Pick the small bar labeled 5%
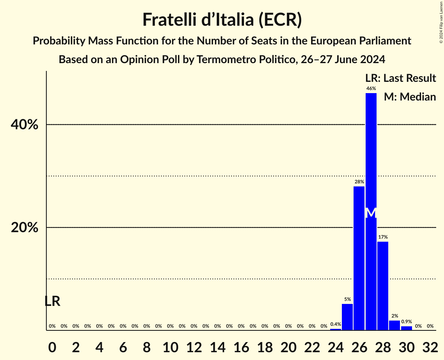(x=347, y=317)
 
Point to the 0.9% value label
(x=406, y=322)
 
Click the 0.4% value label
(x=336, y=324)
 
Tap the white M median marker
(x=371, y=213)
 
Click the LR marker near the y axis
(x=52, y=301)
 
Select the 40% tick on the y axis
(x=24, y=125)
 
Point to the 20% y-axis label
(x=24, y=228)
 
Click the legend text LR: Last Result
(x=400, y=78)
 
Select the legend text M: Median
(x=410, y=97)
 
